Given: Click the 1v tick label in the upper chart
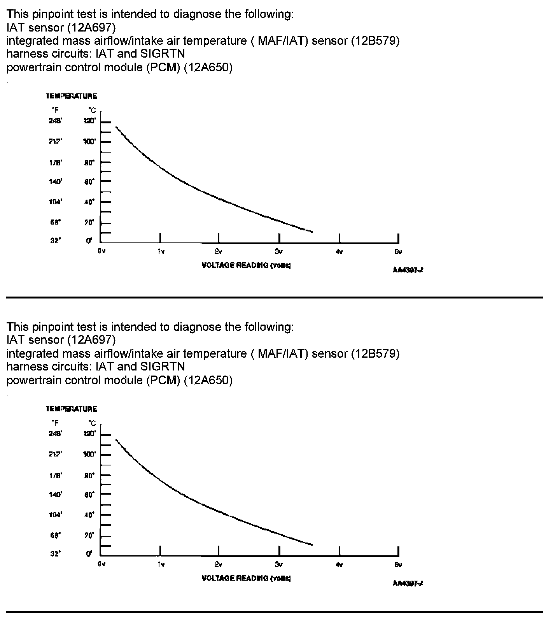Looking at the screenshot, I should pyautogui.click(x=161, y=251).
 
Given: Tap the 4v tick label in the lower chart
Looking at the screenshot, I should pyautogui.click(x=339, y=564).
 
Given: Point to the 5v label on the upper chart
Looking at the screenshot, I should pyautogui.click(x=398, y=251).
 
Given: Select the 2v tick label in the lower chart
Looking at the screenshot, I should pyautogui.click(x=219, y=564).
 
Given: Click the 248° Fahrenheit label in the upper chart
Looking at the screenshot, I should pyautogui.click(x=55, y=121).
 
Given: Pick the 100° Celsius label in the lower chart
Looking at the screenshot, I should pyautogui.click(x=89, y=455).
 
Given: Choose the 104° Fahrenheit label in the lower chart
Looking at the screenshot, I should pyautogui.click(x=55, y=515).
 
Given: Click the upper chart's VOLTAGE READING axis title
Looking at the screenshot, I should pyautogui.click(x=247, y=265).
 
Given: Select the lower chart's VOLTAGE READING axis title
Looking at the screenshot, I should pyautogui.click(x=247, y=578).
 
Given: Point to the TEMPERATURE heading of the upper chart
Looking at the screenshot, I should pyautogui.click(x=71, y=96).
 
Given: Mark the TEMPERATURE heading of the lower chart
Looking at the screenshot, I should pyautogui.click(x=71, y=409).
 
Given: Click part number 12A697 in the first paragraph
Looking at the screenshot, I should pyautogui.click(x=91, y=27).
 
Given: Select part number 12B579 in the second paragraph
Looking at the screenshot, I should pyautogui.click(x=375, y=353).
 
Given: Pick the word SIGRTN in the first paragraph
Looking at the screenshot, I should pyautogui.click(x=163, y=53).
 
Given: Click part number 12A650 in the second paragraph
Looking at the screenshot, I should pyautogui.click(x=208, y=380).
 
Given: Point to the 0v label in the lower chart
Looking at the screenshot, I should pyautogui.click(x=101, y=564).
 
